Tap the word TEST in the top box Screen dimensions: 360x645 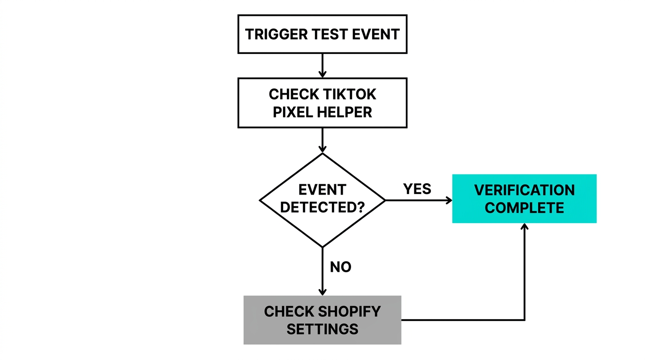pos(324,34)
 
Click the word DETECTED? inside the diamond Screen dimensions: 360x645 pos(322,207)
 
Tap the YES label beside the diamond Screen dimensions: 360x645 pos(417,189)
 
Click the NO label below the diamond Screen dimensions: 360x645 pos(341,267)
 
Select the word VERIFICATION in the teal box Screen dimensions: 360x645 pos(524,190)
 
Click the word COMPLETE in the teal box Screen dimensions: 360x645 pos(524,208)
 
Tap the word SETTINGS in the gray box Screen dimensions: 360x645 pos(322,329)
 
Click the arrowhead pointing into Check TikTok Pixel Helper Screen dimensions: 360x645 pos(322,74)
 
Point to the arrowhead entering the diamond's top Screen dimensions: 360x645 pos(322,149)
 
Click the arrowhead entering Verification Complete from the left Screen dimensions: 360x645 pos(449,200)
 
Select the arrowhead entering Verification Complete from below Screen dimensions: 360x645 pos(525,227)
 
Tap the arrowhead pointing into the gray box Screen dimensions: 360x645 pos(322,292)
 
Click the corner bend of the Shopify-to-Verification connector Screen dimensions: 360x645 pos(525,320)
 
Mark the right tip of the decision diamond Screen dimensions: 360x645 pos(385,200)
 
